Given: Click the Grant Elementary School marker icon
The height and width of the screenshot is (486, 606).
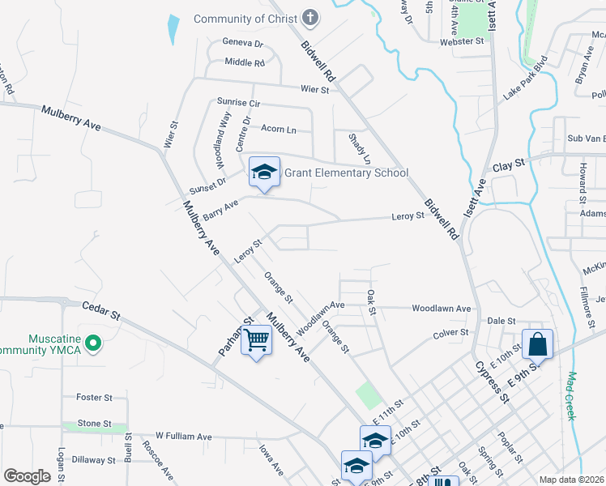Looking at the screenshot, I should pyautogui.click(x=264, y=173).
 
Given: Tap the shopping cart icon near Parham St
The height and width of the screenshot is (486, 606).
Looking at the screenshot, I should pyautogui.click(x=256, y=340).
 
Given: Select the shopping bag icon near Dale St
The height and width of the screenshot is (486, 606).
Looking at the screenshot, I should pyautogui.click(x=537, y=343).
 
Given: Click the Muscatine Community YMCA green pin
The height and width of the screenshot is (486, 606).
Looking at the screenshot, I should pyautogui.click(x=93, y=343).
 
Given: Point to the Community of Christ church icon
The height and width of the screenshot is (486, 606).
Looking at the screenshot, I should pyautogui.click(x=309, y=18).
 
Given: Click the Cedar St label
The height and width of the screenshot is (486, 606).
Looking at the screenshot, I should pyautogui.click(x=101, y=309).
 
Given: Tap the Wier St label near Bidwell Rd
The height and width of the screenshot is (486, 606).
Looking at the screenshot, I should pyautogui.click(x=314, y=90).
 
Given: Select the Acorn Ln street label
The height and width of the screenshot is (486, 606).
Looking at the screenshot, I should pyautogui.click(x=279, y=129).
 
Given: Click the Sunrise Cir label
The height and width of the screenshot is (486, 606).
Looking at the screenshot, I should pyautogui.click(x=238, y=103).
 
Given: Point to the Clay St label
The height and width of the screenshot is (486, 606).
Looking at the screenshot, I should pyautogui.click(x=509, y=163).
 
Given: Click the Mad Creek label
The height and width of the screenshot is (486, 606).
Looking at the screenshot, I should pyautogui.click(x=570, y=396).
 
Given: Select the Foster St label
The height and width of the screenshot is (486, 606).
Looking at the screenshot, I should pyautogui.click(x=94, y=398).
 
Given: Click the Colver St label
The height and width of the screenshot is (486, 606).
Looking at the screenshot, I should pyautogui.click(x=451, y=333).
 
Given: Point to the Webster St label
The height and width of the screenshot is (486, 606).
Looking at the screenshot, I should pyautogui.click(x=462, y=40).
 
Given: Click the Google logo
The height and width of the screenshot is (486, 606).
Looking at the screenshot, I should pyautogui.click(x=27, y=475).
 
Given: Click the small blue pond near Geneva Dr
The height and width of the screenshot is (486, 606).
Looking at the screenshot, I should pyautogui.click(x=173, y=29).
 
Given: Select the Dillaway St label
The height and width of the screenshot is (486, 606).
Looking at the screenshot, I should pyautogui.click(x=93, y=459).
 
